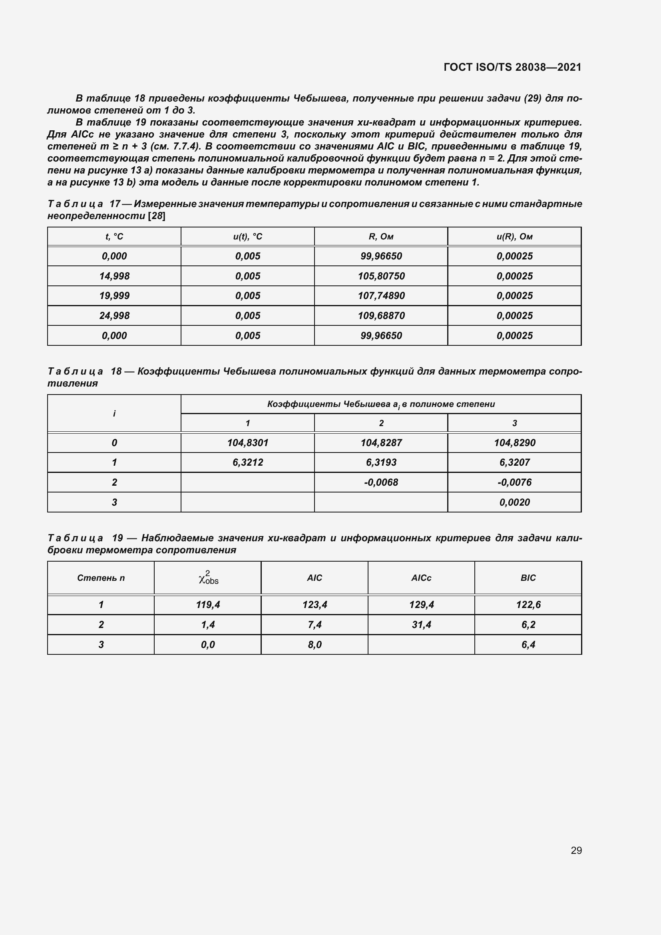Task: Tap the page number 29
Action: pos(576,850)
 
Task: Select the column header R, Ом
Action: pos(381,237)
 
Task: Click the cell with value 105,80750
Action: pos(381,276)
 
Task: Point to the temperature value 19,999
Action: pos(114,296)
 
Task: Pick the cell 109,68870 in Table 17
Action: pos(381,316)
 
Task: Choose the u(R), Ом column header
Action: pos(514,237)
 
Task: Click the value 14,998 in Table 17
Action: pos(114,276)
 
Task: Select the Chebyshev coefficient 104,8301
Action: pos(247,443)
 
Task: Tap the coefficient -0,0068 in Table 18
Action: pos(381,482)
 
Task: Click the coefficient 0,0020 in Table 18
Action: pos(514,502)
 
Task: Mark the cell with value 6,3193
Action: pos(381,462)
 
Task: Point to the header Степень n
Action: pos(101,578)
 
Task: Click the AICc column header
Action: pos(421,578)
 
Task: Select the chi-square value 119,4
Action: pos(207,605)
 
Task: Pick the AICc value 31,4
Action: pos(421,624)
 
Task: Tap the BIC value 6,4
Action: pos(528,644)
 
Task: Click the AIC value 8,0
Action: pos(314,644)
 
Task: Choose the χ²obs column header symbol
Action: pos(208,578)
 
